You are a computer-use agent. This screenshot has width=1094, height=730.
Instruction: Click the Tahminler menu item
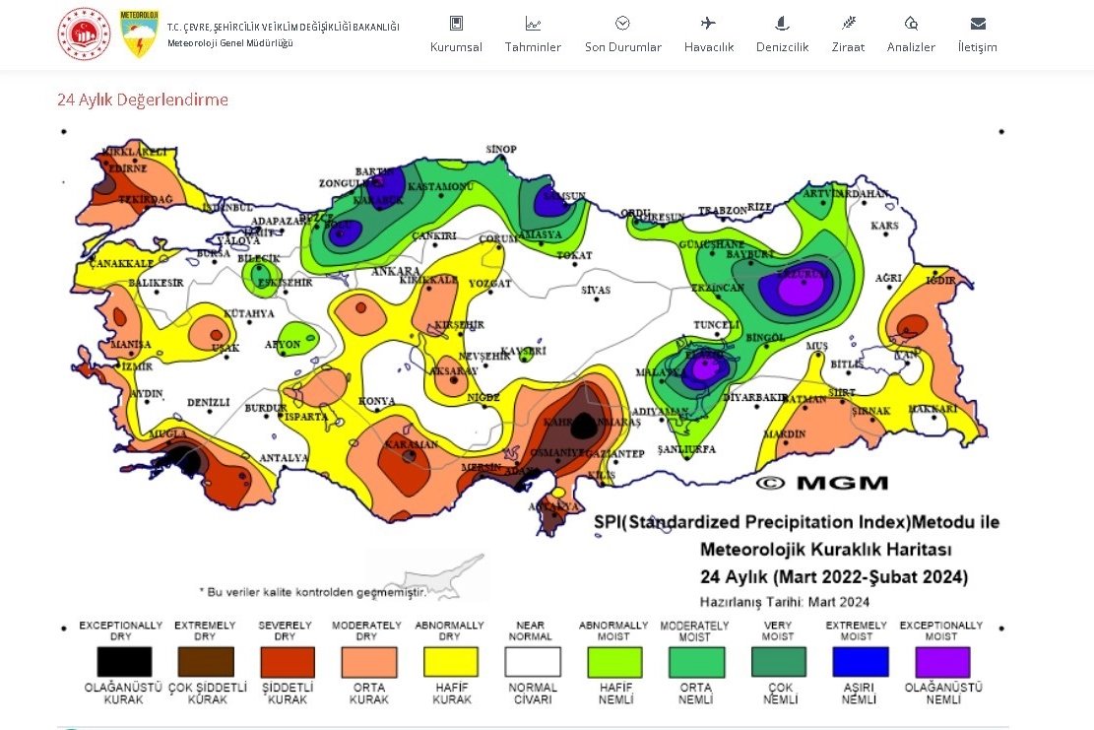pos(533,46)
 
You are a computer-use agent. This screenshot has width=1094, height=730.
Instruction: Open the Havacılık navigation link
pos(709,46)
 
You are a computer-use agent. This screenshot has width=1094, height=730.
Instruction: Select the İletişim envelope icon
pos(978,24)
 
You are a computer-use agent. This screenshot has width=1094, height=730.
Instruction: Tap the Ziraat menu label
pos(848,46)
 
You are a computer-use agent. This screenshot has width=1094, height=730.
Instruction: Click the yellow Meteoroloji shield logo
pos(140,33)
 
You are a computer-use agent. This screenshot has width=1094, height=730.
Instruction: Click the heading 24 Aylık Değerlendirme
pos(143,100)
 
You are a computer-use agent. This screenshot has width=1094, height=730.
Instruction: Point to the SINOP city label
pos(501,150)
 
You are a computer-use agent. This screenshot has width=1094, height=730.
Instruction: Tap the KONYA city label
pos(377,401)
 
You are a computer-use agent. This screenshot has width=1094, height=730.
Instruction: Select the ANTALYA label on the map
pos(284,458)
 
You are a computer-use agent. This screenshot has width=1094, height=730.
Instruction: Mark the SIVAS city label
pos(596,291)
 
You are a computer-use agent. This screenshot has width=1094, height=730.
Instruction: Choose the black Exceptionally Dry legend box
pos(124,661)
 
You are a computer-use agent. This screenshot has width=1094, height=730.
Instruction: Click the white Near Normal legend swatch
pos(533,661)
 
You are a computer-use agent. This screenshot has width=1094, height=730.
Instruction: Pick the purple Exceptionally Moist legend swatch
pos(942,661)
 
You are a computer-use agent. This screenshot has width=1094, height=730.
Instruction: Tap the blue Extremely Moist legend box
pos(860,661)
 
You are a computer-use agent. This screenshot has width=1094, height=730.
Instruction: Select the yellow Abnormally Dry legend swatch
pos(450,661)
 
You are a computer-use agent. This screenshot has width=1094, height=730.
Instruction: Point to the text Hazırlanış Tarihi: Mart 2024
pos(784,602)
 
